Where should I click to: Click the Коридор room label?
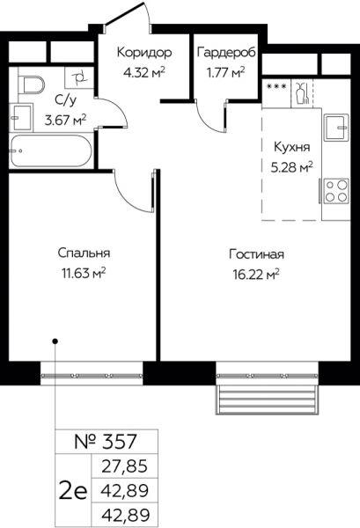(144, 52)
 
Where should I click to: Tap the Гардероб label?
(226, 52)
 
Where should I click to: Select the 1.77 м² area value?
(225, 72)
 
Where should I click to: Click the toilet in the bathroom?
(30, 84)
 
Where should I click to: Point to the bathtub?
(50, 150)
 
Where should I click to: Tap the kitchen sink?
(336, 128)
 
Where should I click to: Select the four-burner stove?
(336, 191)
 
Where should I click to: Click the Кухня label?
(291, 148)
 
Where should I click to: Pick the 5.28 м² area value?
(292, 166)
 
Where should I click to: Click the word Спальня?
(84, 253)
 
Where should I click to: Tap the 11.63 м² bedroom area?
(84, 273)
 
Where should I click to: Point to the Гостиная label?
(256, 254)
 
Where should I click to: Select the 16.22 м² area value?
(256, 274)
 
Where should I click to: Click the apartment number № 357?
(106, 442)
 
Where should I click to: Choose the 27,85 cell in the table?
(125, 466)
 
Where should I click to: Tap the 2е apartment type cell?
(73, 491)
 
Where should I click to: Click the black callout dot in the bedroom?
(55, 341)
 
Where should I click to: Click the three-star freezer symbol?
(276, 86)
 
